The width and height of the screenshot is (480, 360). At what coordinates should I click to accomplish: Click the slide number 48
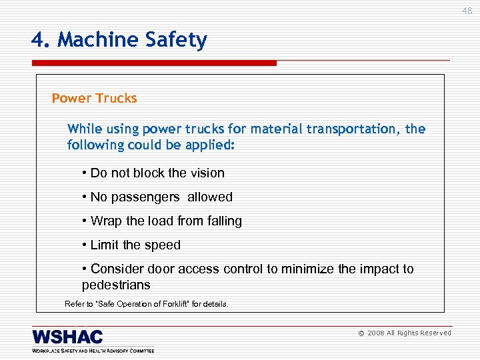tap(467, 11)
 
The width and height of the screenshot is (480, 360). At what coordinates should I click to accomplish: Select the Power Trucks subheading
tap(94, 99)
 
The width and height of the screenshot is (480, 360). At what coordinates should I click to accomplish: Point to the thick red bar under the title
tap(153, 63)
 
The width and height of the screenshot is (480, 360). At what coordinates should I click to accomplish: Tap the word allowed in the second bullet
tap(210, 197)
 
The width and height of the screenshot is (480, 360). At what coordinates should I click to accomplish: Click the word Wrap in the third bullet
tap(105, 221)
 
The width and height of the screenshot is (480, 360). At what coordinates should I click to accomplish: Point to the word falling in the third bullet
tap(223, 221)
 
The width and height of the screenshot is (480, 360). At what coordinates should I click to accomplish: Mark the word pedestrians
tap(116, 285)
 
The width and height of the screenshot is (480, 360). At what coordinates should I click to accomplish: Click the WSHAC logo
tap(67, 337)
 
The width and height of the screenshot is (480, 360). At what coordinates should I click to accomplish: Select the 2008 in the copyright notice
tap(377, 333)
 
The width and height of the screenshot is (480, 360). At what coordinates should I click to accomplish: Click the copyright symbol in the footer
tap(361, 333)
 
